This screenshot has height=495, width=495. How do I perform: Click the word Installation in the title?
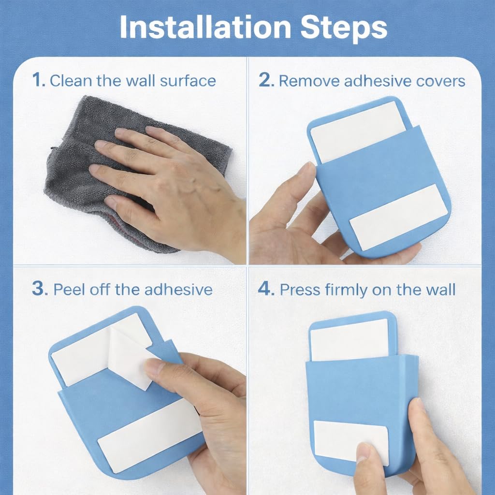(205, 27)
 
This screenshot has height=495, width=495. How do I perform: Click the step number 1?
(39, 80)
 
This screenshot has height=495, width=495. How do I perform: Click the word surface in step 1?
(188, 81)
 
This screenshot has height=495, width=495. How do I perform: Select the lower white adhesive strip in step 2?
(398, 217)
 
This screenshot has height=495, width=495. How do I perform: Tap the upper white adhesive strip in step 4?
(349, 340)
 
